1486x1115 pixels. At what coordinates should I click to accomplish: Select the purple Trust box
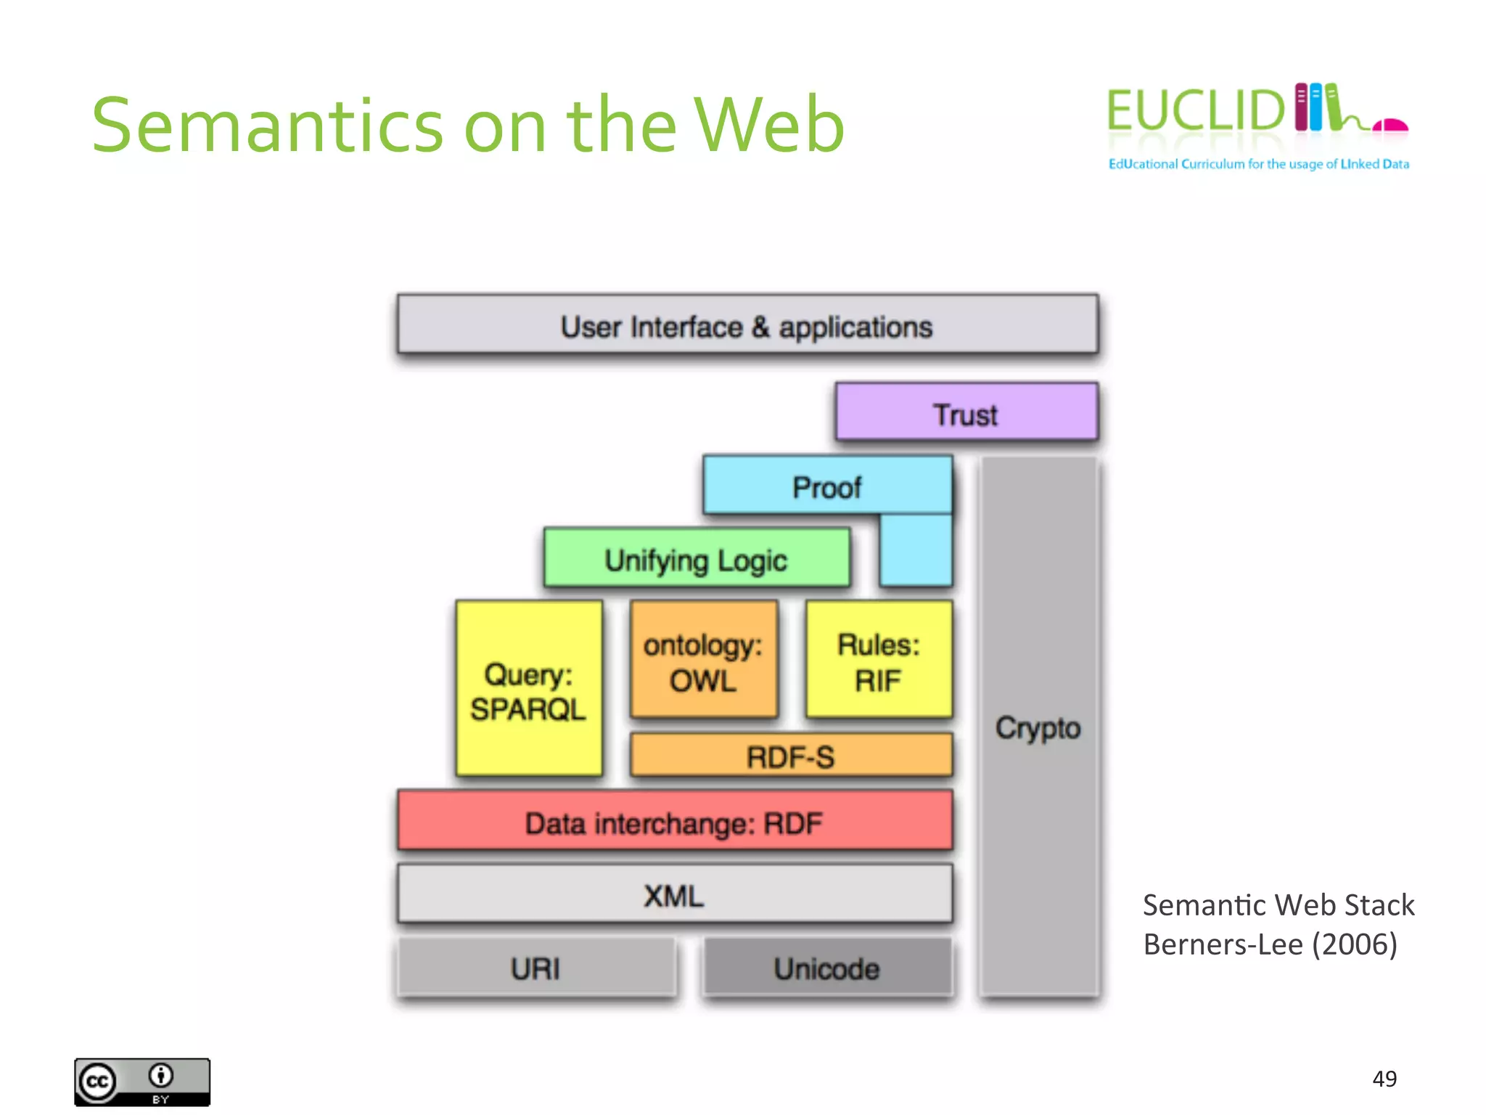click(966, 413)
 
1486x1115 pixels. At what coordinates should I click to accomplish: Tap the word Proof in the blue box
click(826, 487)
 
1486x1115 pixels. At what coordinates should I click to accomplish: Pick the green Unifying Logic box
click(696, 559)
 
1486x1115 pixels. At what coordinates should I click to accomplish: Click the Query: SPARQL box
click(528, 690)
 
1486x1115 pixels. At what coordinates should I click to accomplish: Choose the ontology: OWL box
click(703, 661)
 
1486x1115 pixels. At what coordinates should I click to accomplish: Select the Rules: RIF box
click(878, 661)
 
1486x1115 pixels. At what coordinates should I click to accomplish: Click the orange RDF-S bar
click(790, 756)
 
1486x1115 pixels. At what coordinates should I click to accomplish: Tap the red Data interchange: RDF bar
click(674, 822)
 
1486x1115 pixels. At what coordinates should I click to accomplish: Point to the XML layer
click(674, 895)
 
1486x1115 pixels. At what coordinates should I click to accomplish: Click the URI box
click(535, 968)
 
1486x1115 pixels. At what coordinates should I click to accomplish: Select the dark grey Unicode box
click(826, 968)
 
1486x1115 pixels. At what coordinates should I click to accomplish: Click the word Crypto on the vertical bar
click(1038, 727)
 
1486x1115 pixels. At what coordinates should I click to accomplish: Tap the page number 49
click(1384, 1079)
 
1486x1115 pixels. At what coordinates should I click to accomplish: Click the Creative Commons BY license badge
click(142, 1082)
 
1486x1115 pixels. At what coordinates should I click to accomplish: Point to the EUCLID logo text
click(1196, 111)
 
